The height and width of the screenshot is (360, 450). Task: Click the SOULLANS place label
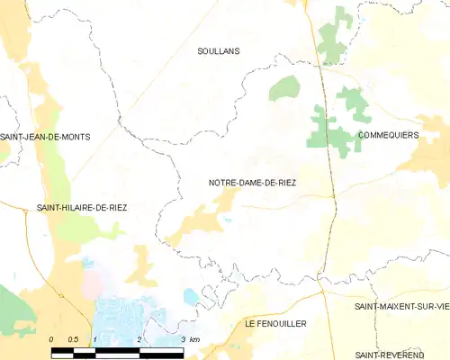click(219, 52)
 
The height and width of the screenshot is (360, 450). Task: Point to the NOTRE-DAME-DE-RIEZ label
click(252, 183)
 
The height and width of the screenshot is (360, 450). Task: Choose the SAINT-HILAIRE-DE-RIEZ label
click(81, 207)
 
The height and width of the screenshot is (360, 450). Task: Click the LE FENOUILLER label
click(275, 322)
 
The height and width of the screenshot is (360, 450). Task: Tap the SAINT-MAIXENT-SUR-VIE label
click(401, 307)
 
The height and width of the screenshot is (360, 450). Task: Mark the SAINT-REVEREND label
click(401, 355)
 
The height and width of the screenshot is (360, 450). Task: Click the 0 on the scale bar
click(51, 338)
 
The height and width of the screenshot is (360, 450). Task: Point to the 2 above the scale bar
click(139, 338)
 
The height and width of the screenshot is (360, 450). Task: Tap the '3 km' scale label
click(189, 338)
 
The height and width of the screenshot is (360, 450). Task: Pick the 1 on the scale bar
click(95, 338)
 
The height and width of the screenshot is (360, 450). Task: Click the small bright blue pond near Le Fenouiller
click(191, 296)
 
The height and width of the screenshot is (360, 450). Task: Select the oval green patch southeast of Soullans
click(284, 87)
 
